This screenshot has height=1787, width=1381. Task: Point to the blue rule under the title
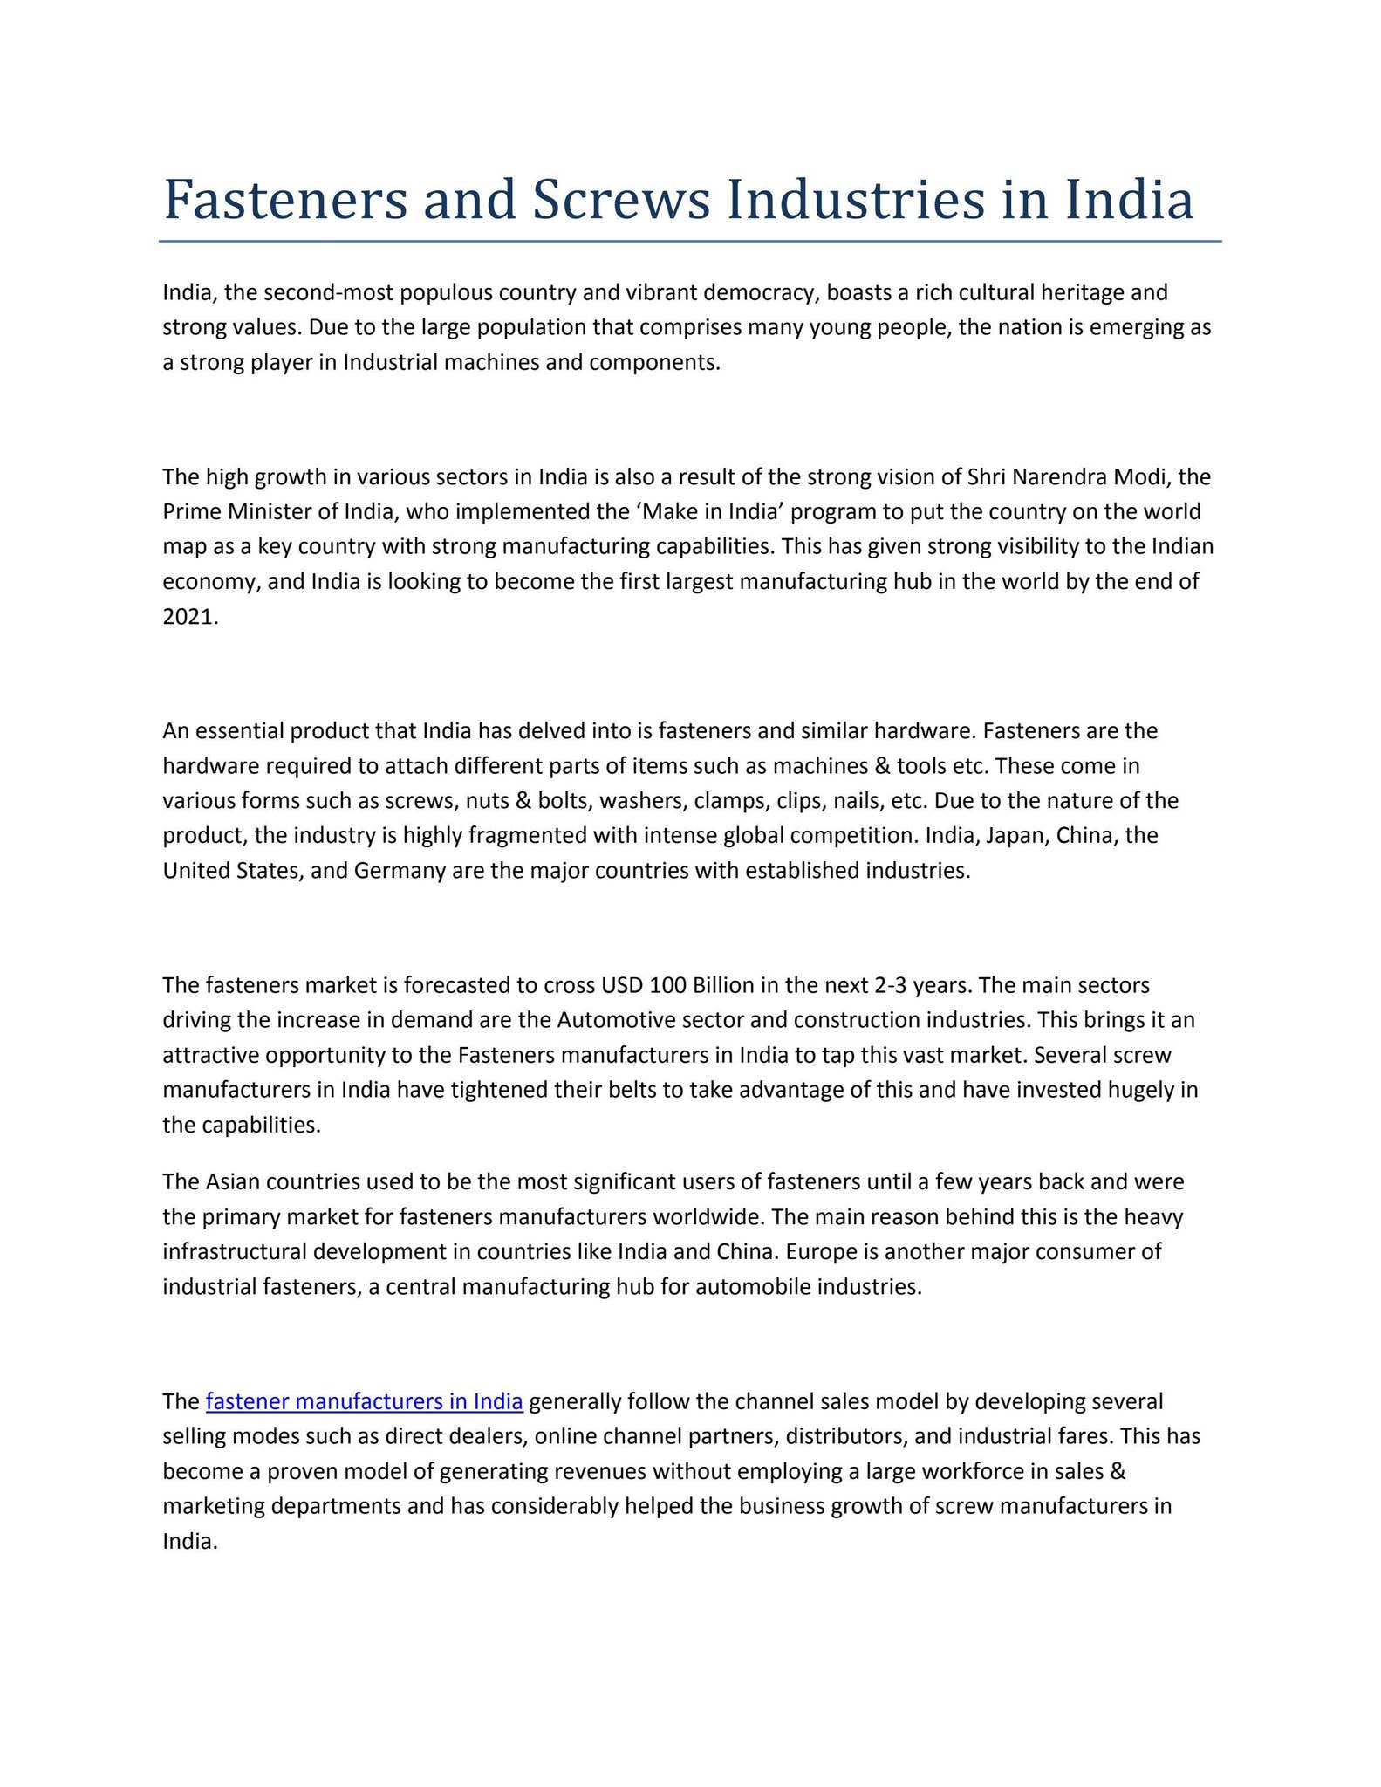click(689, 242)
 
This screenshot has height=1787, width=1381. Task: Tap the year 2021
click(188, 617)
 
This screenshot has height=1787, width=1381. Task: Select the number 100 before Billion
click(668, 985)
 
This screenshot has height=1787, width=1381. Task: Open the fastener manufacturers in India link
click(365, 1401)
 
